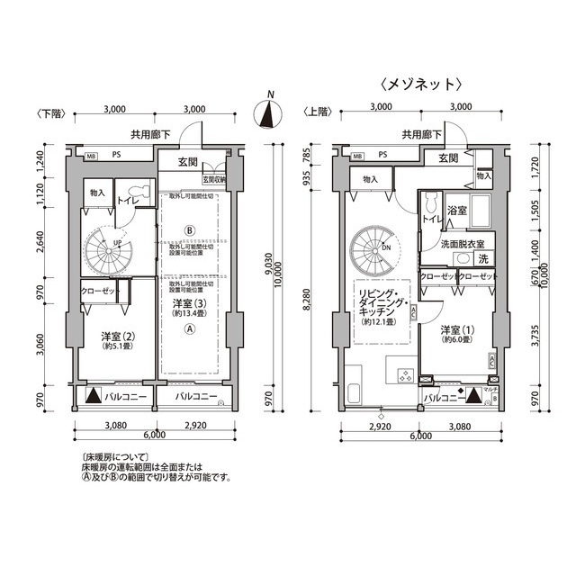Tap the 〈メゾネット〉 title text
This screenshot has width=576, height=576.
coord(421,85)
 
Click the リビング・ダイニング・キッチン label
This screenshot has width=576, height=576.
coord(379,302)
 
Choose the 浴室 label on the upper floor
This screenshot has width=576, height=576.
coord(456,211)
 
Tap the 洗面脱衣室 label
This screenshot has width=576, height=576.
coord(462,244)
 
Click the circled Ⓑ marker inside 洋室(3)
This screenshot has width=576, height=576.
coord(189,229)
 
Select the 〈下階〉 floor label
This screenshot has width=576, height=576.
coord(49,113)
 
